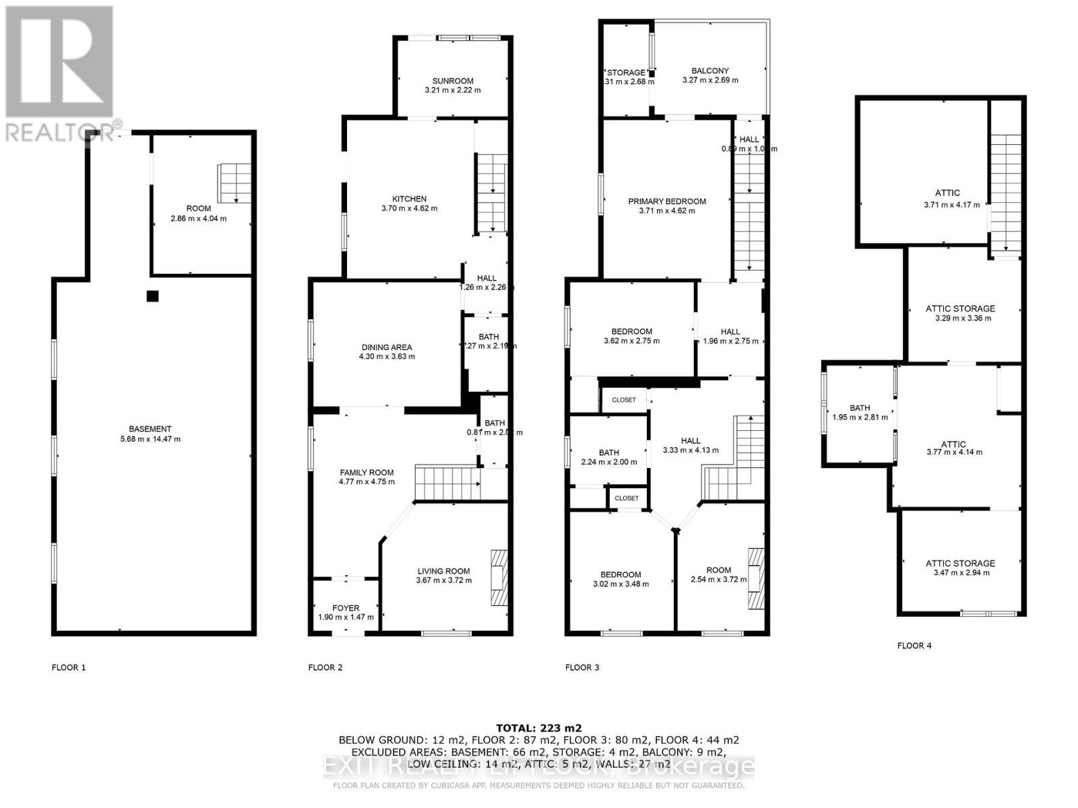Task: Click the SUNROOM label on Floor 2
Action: pyautogui.click(x=453, y=81)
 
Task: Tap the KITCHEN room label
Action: pyautogui.click(x=410, y=199)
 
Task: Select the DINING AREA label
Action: pyautogui.click(x=387, y=347)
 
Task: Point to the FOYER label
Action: pyautogui.click(x=346, y=608)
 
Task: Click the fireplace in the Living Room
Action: pyautogui.click(x=499, y=578)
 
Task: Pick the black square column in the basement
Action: pyautogui.click(x=153, y=296)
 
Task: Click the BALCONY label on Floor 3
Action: pyautogui.click(x=710, y=71)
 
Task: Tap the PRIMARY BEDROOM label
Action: pyautogui.click(x=667, y=201)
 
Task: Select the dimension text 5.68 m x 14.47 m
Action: pyautogui.click(x=150, y=439)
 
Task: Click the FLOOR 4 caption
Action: pyautogui.click(x=914, y=646)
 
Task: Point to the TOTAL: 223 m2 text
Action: pyautogui.click(x=538, y=728)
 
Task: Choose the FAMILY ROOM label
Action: pyautogui.click(x=367, y=473)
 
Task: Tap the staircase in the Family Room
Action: pyautogui.click(x=447, y=482)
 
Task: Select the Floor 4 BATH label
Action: pyautogui.click(x=860, y=408)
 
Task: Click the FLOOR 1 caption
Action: pyautogui.click(x=69, y=668)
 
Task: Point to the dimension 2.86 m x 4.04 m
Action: pyautogui.click(x=198, y=218)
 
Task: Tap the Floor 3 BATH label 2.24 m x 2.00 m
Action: pyautogui.click(x=609, y=452)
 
